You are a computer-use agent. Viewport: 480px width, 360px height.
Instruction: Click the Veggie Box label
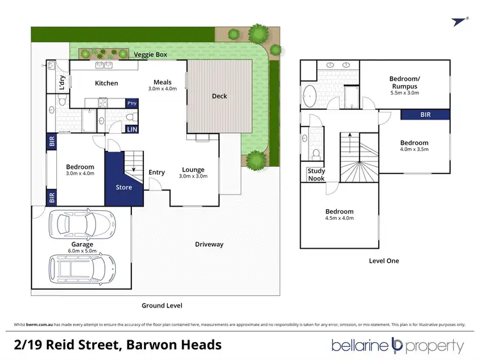click(x=150, y=55)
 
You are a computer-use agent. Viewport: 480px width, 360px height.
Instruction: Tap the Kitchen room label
click(x=106, y=83)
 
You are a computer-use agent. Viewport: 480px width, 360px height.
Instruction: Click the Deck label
click(x=220, y=97)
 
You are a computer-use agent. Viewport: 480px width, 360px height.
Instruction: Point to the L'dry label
click(x=62, y=83)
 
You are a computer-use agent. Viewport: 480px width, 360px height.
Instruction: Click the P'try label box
click(x=132, y=103)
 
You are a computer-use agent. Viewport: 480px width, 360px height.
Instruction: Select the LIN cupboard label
click(x=132, y=130)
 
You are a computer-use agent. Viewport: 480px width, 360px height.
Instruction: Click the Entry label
click(x=156, y=172)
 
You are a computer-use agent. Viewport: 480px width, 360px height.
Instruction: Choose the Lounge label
click(x=193, y=169)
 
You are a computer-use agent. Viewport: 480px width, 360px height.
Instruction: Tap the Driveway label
click(x=209, y=244)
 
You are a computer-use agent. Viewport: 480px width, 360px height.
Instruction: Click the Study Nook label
click(x=316, y=174)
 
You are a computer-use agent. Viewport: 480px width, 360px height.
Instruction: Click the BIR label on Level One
click(x=426, y=115)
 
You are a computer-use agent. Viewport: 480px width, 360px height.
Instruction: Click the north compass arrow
click(x=458, y=21)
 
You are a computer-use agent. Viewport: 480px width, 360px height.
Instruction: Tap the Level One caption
click(x=384, y=261)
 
